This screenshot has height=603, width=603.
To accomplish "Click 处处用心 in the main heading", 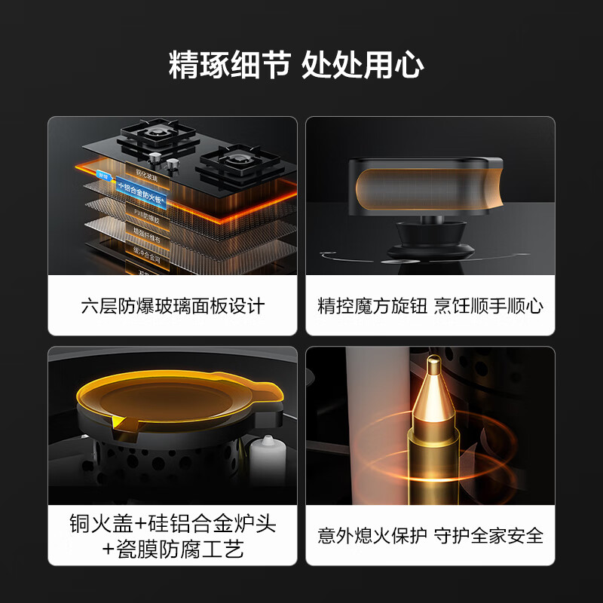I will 363,65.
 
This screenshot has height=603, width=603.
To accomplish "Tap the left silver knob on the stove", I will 155,159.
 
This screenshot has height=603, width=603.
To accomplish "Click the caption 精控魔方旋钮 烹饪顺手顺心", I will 430,307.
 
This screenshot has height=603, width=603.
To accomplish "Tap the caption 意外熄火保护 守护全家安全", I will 430,536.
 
